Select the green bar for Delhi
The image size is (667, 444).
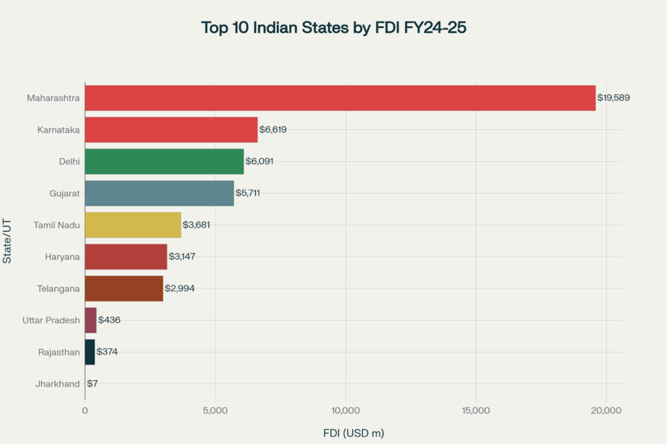coord(164,161)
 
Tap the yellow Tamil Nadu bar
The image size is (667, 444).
coord(133,225)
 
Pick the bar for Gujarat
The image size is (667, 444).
coord(159,193)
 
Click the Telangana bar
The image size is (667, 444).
coord(124,288)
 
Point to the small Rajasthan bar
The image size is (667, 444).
coord(90,352)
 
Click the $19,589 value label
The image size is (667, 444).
coord(614,98)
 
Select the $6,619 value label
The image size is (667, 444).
coord(273,130)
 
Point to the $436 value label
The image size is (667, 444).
coord(109,320)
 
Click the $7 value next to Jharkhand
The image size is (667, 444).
coord(92,384)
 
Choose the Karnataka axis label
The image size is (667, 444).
coord(59,130)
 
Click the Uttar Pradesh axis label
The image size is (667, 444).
coord(51,320)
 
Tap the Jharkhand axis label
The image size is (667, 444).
coord(57,384)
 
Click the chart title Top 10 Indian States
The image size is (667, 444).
coord(333,28)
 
